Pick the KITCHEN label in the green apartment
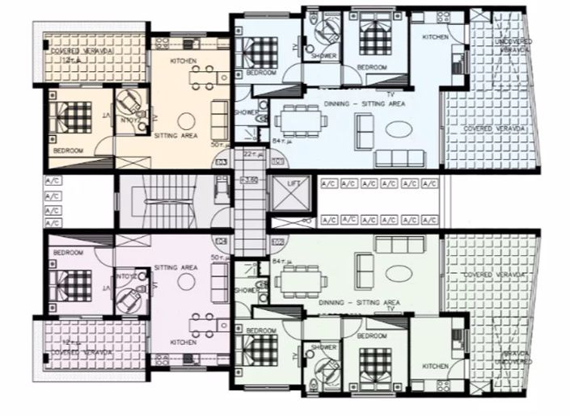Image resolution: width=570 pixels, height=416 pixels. click(x=434, y=366)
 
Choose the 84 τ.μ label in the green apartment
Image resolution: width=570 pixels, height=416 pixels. click(x=281, y=262)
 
